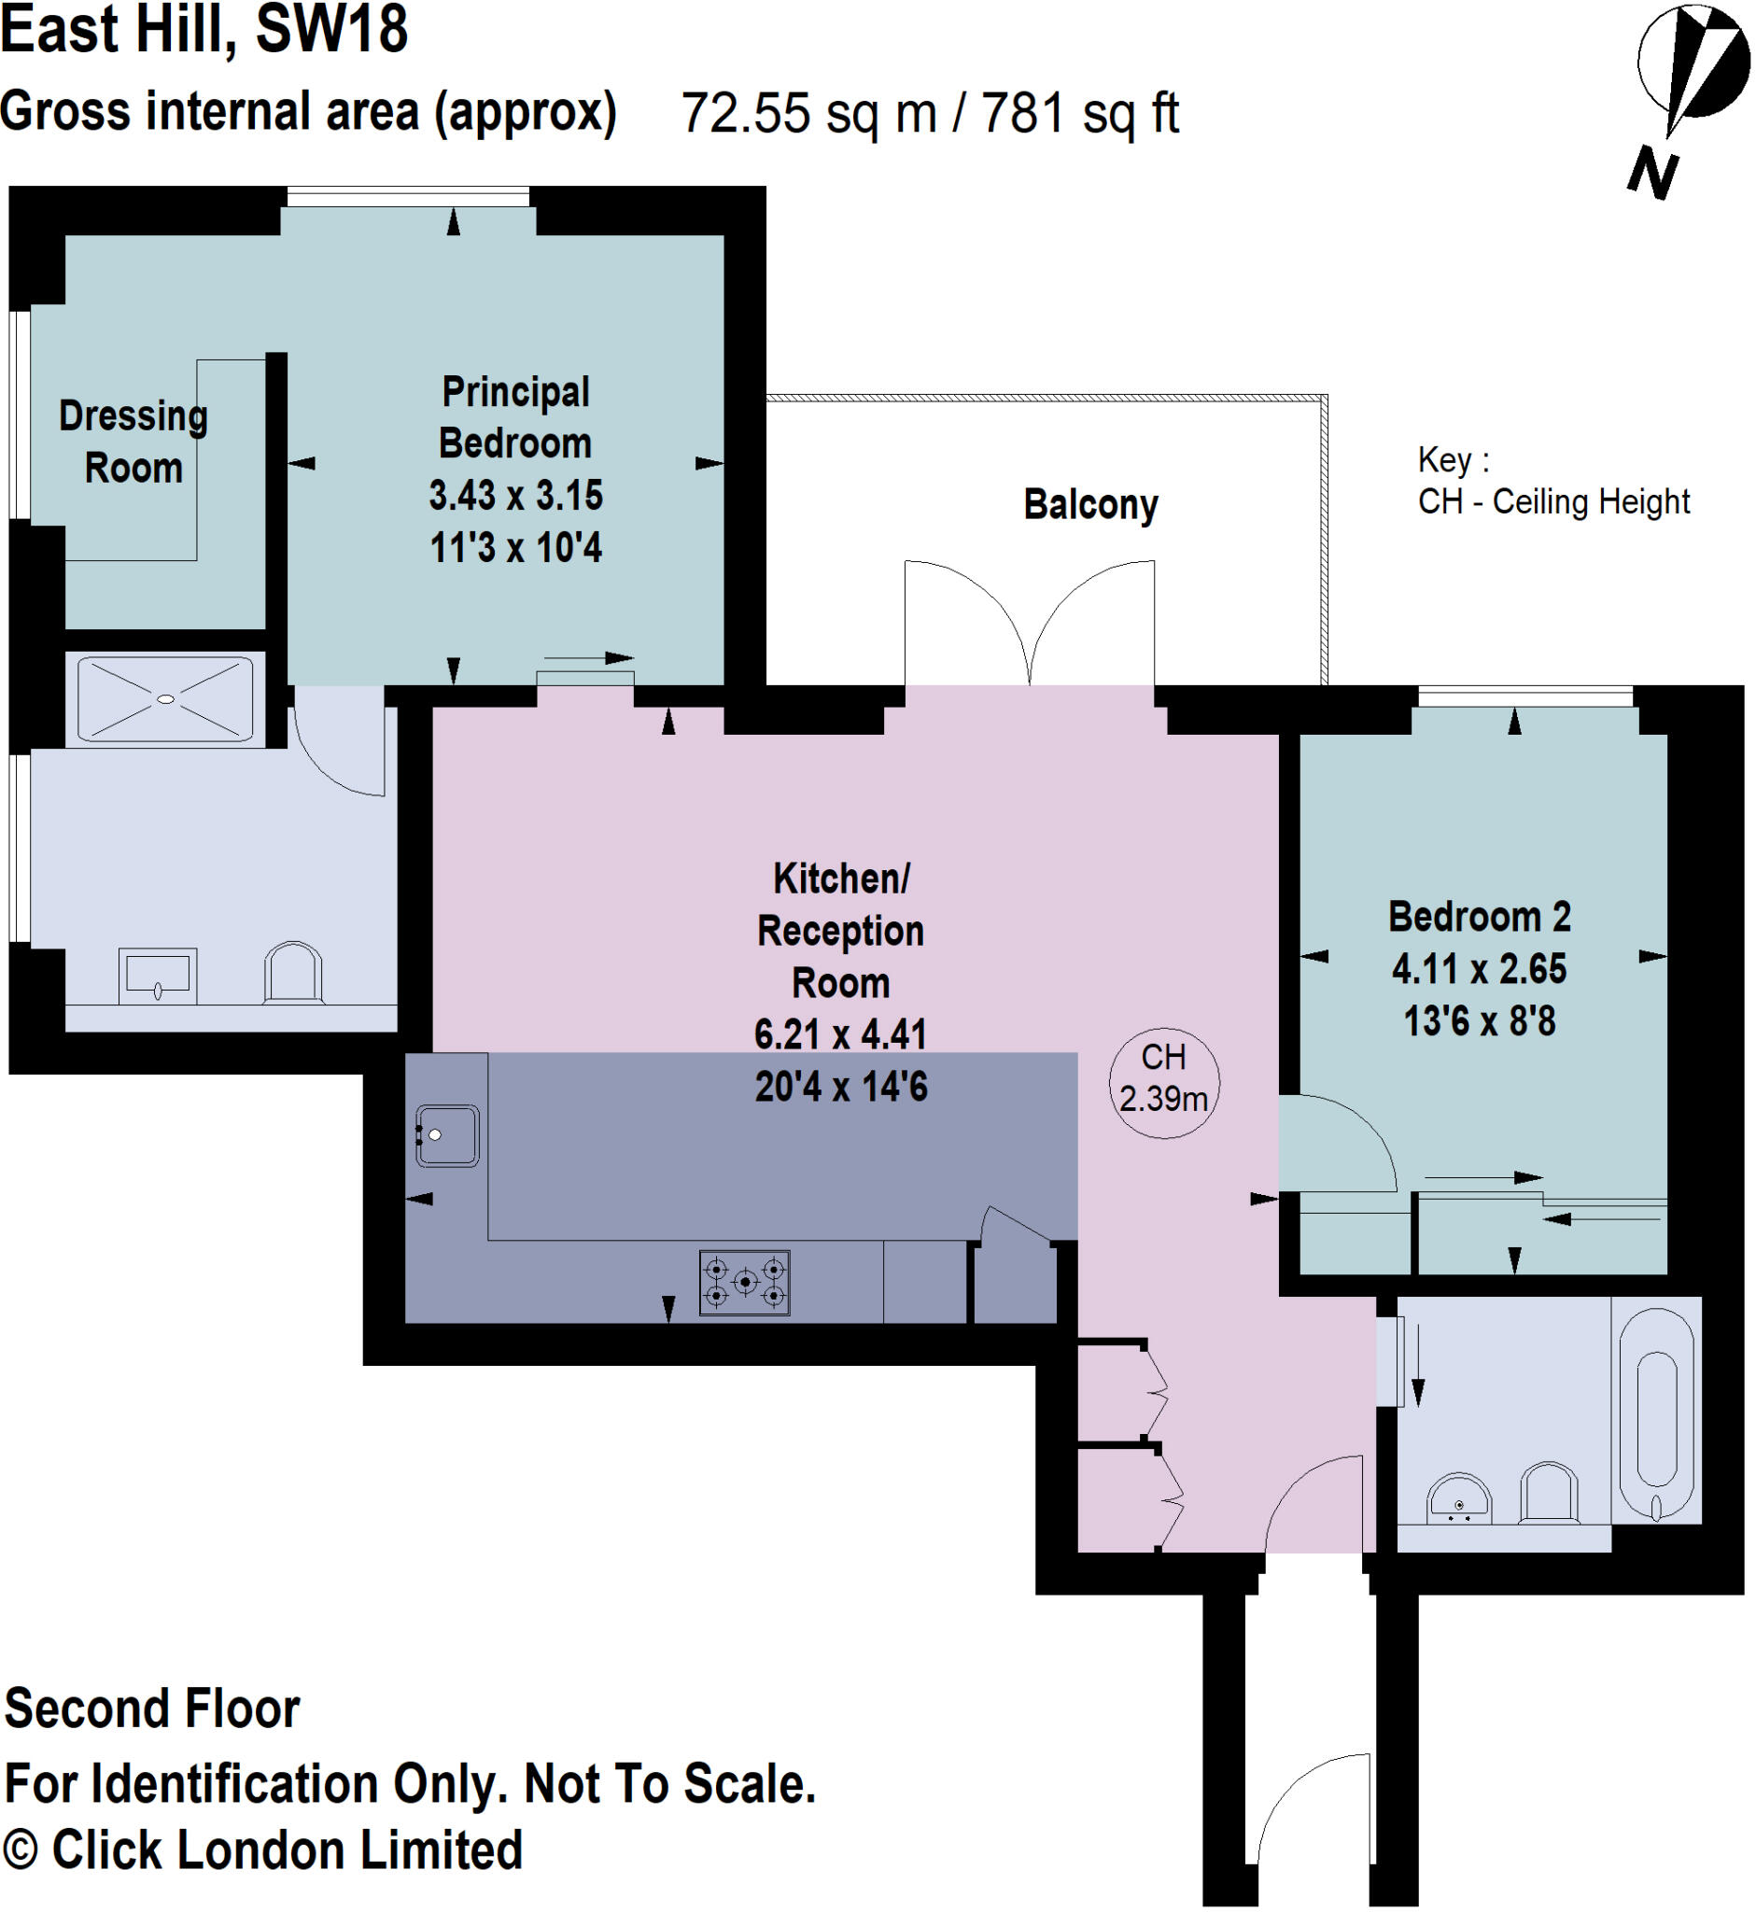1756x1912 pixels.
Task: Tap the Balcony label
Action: point(1089,505)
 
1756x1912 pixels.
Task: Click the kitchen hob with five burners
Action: point(744,1282)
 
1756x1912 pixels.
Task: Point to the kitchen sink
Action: point(446,1134)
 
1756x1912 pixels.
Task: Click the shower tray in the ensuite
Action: point(165,698)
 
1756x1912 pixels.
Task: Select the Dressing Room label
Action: point(133,442)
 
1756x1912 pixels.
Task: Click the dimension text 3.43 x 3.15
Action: point(515,495)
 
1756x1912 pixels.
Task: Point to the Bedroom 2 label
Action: point(1479,917)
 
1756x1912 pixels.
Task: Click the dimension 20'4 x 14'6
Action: point(840,1086)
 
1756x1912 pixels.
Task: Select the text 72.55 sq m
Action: point(808,113)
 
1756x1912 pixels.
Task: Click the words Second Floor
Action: point(152,1708)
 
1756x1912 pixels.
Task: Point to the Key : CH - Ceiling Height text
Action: point(1552,481)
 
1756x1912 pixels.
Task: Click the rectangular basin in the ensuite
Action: point(158,975)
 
